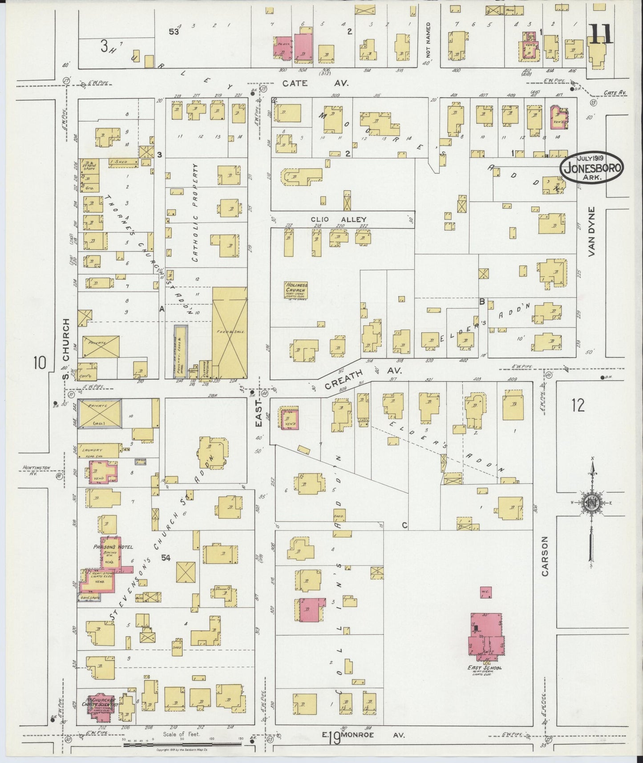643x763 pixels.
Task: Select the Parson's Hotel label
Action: (x=107, y=547)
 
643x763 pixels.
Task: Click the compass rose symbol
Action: (x=592, y=503)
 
